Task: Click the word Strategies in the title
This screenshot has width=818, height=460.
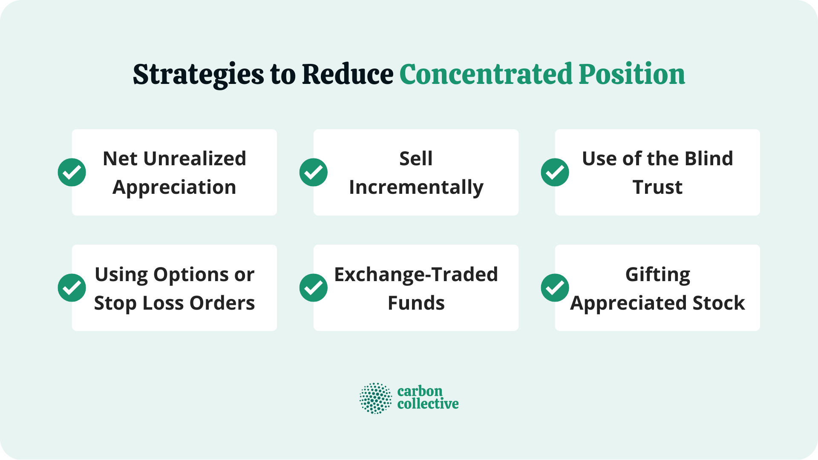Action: pyautogui.click(x=198, y=75)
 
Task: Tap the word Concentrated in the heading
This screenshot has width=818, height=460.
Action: pyautogui.click(x=486, y=75)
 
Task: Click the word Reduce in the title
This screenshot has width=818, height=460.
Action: pyautogui.click(x=347, y=75)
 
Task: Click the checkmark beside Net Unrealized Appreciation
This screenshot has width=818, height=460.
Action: pyautogui.click(x=72, y=172)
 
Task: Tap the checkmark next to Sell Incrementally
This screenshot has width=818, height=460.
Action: pyautogui.click(x=314, y=172)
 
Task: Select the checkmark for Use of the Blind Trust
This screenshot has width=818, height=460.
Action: pyautogui.click(x=555, y=172)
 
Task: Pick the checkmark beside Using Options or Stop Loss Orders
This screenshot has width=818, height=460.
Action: pyautogui.click(x=72, y=288)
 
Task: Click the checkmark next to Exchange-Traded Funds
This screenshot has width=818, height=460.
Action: pyautogui.click(x=314, y=288)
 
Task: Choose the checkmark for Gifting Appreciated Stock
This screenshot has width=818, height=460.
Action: pyautogui.click(x=555, y=288)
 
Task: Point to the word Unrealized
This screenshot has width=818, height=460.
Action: pyautogui.click(x=195, y=159)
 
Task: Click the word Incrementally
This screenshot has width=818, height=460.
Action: pyautogui.click(x=416, y=187)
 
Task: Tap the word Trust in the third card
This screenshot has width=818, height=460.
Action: pyautogui.click(x=657, y=187)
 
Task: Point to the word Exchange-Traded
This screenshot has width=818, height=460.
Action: pyautogui.click(x=416, y=275)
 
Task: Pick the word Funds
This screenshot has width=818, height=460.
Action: pyautogui.click(x=416, y=303)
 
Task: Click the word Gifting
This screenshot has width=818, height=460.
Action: pyautogui.click(x=657, y=275)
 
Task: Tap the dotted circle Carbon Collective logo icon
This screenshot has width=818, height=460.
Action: pyautogui.click(x=375, y=398)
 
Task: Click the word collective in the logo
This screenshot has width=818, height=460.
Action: pyautogui.click(x=428, y=404)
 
